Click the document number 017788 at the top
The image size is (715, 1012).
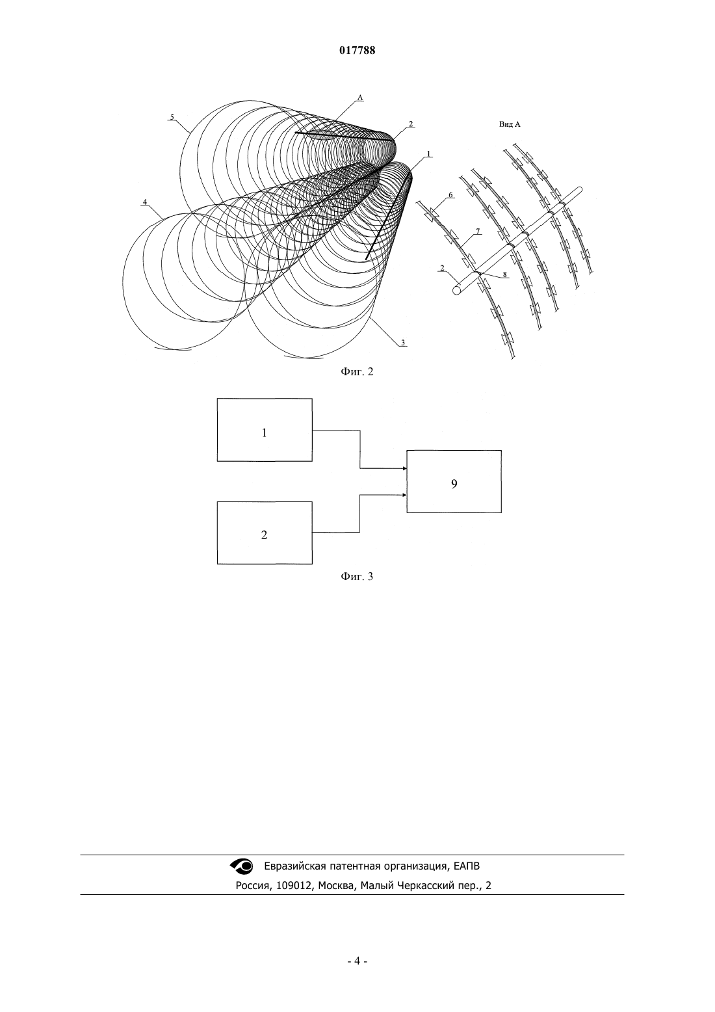(x=357, y=51)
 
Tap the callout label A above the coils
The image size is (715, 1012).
(x=360, y=98)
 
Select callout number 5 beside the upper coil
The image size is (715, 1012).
(x=172, y=116)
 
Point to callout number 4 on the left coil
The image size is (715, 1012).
(x=144, y=202)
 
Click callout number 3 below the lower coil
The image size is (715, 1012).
(x=402, y=343)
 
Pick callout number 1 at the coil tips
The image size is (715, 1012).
(x=428, y=153)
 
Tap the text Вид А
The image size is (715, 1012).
(x=510, y=124)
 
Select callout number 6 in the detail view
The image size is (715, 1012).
(x=450, y=194)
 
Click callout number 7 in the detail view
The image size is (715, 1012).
(x=478, y=232)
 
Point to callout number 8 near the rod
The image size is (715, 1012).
(x=504, y=274)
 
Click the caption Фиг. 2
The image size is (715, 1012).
(x=357, y=372)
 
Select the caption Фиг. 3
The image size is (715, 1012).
(x=357, y=576)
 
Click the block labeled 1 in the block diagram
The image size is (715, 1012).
(x=265, y=430)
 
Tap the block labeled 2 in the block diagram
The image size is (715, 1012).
(x=265, y=533)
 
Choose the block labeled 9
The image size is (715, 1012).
(x=454, y=481)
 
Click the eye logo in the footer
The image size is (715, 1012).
(x=242, y=866)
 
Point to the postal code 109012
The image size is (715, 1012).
(x=294, y=886)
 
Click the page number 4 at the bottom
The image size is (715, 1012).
(x=357, y=961)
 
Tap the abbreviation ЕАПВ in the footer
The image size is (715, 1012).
(x=467, y=866)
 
